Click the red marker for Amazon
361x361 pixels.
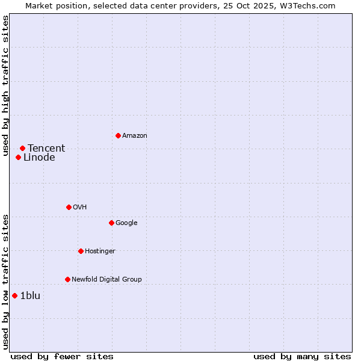click(118, 135)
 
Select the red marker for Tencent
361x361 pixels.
click(22, 148)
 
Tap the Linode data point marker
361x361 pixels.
click(18, 158)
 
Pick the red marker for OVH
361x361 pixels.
click(69, 207)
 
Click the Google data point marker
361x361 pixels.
click(111, 223)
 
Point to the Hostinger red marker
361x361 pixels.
click(81, 251)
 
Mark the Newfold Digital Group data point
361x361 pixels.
click(67, 279)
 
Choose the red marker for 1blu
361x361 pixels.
click(14, 295)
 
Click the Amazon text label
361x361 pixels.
click(135, 135)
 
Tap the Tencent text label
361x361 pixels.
click(46, 149)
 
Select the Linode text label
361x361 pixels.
click(39, 158)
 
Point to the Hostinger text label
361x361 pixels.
click(100, 251)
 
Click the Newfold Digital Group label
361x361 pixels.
click(106, 279)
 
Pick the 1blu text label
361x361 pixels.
click(30, 295)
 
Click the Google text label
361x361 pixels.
click(126, 223)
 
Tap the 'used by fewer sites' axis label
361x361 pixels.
click(62, 356)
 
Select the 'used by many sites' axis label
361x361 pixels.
click(302, 356)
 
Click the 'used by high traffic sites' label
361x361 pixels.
click(5, 85)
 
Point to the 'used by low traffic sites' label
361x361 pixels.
click(5, 282)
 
